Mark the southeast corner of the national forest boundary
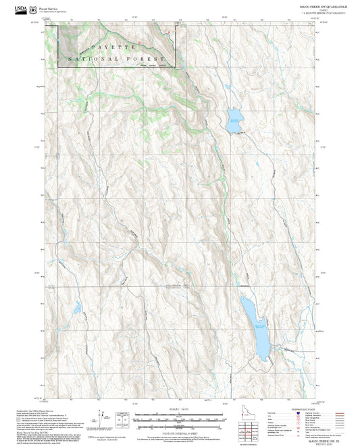click(176, 66)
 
